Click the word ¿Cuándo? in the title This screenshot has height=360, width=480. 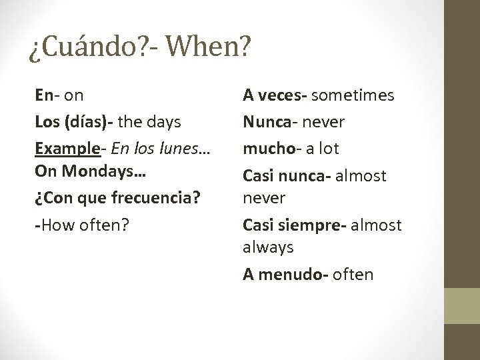click(81, 49)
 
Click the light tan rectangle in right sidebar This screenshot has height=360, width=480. click(463, 306)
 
